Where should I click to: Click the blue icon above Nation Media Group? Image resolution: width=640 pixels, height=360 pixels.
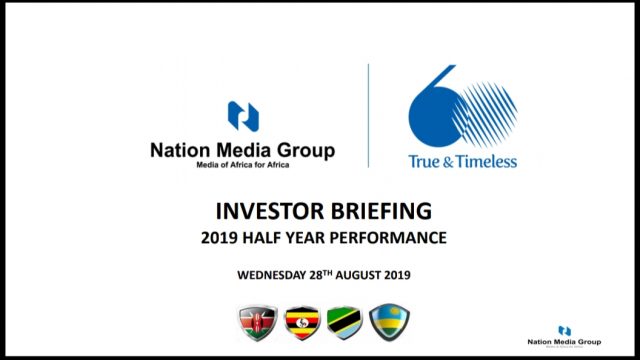tap(242, 116)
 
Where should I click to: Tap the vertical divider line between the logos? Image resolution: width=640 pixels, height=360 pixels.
tap(369, 115)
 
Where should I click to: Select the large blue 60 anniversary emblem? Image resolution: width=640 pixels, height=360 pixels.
tap(462, 106)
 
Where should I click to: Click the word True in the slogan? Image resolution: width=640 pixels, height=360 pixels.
tap(425, 160)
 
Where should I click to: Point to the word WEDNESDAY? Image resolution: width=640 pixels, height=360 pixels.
tap(273, 274)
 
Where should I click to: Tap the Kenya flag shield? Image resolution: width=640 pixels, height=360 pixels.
tap(255, 322)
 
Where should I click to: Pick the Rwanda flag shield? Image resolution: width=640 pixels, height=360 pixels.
tap(388, 322)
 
